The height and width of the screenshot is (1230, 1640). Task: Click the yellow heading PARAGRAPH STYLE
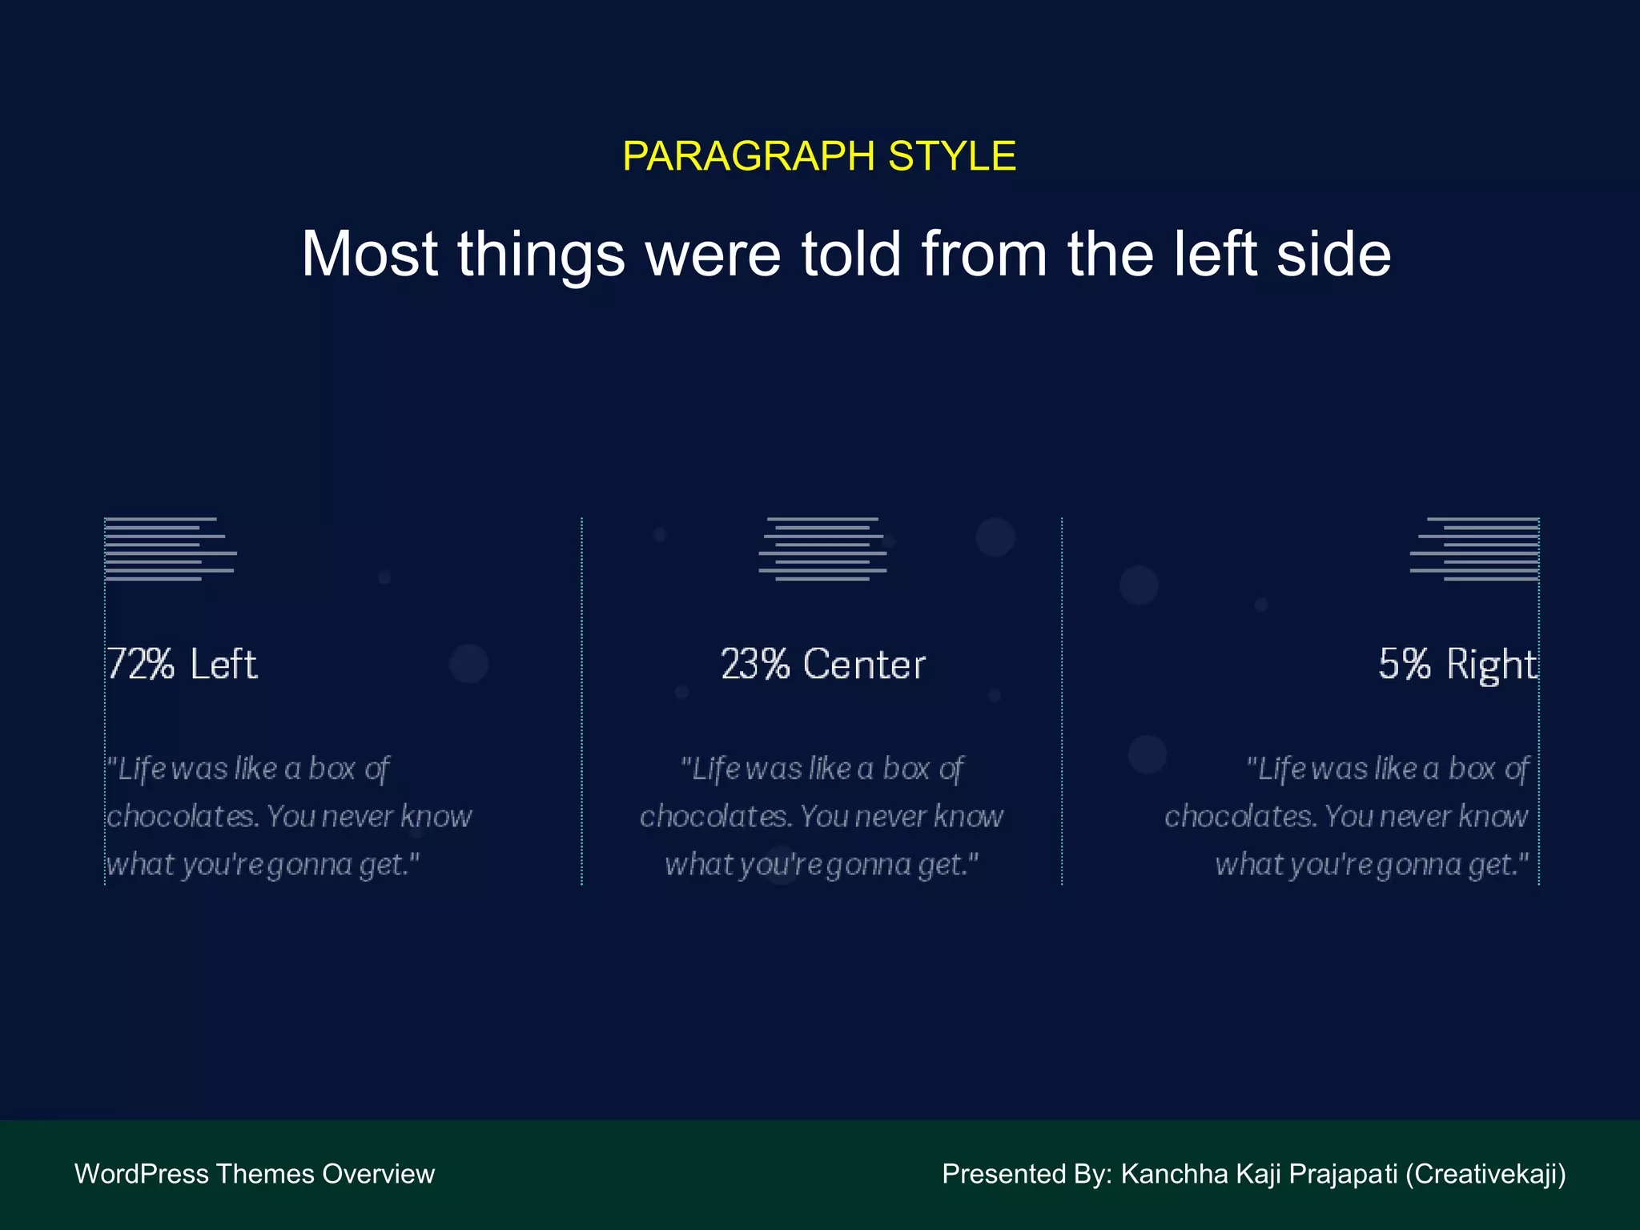point(819,156)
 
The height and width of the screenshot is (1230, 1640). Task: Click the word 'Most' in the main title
point(369,255)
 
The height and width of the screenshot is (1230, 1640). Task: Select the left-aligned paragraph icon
point(170,549)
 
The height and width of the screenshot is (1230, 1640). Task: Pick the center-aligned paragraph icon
point(822,549)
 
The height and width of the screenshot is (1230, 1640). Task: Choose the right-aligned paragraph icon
point(1474,549)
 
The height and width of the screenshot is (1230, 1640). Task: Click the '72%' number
point(141,665)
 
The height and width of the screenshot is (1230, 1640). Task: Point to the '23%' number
point(755,665)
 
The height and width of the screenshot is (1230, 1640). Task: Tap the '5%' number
point(1404,665)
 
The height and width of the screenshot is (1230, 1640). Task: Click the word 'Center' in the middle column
point(864,665)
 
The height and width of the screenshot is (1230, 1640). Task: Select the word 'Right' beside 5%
point(1492,665)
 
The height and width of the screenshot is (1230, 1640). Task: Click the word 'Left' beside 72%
point(223,665)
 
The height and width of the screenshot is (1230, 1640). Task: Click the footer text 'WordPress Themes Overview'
point(255,1174)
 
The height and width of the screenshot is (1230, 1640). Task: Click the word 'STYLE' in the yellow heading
point(951,156)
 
